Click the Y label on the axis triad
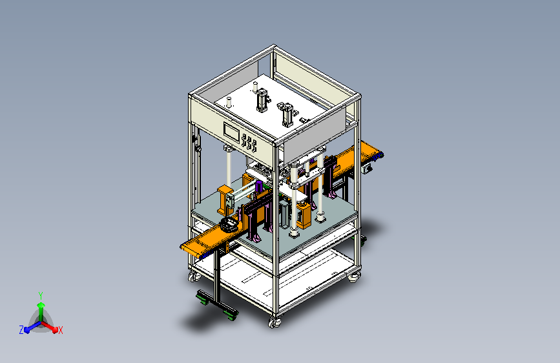(41, 295)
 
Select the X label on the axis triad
(60, 331)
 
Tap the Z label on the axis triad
(21, 330)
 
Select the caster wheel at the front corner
(275, 323)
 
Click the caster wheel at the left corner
(194, 276)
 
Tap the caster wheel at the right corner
(353, 277)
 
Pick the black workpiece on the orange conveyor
(229, 225)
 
